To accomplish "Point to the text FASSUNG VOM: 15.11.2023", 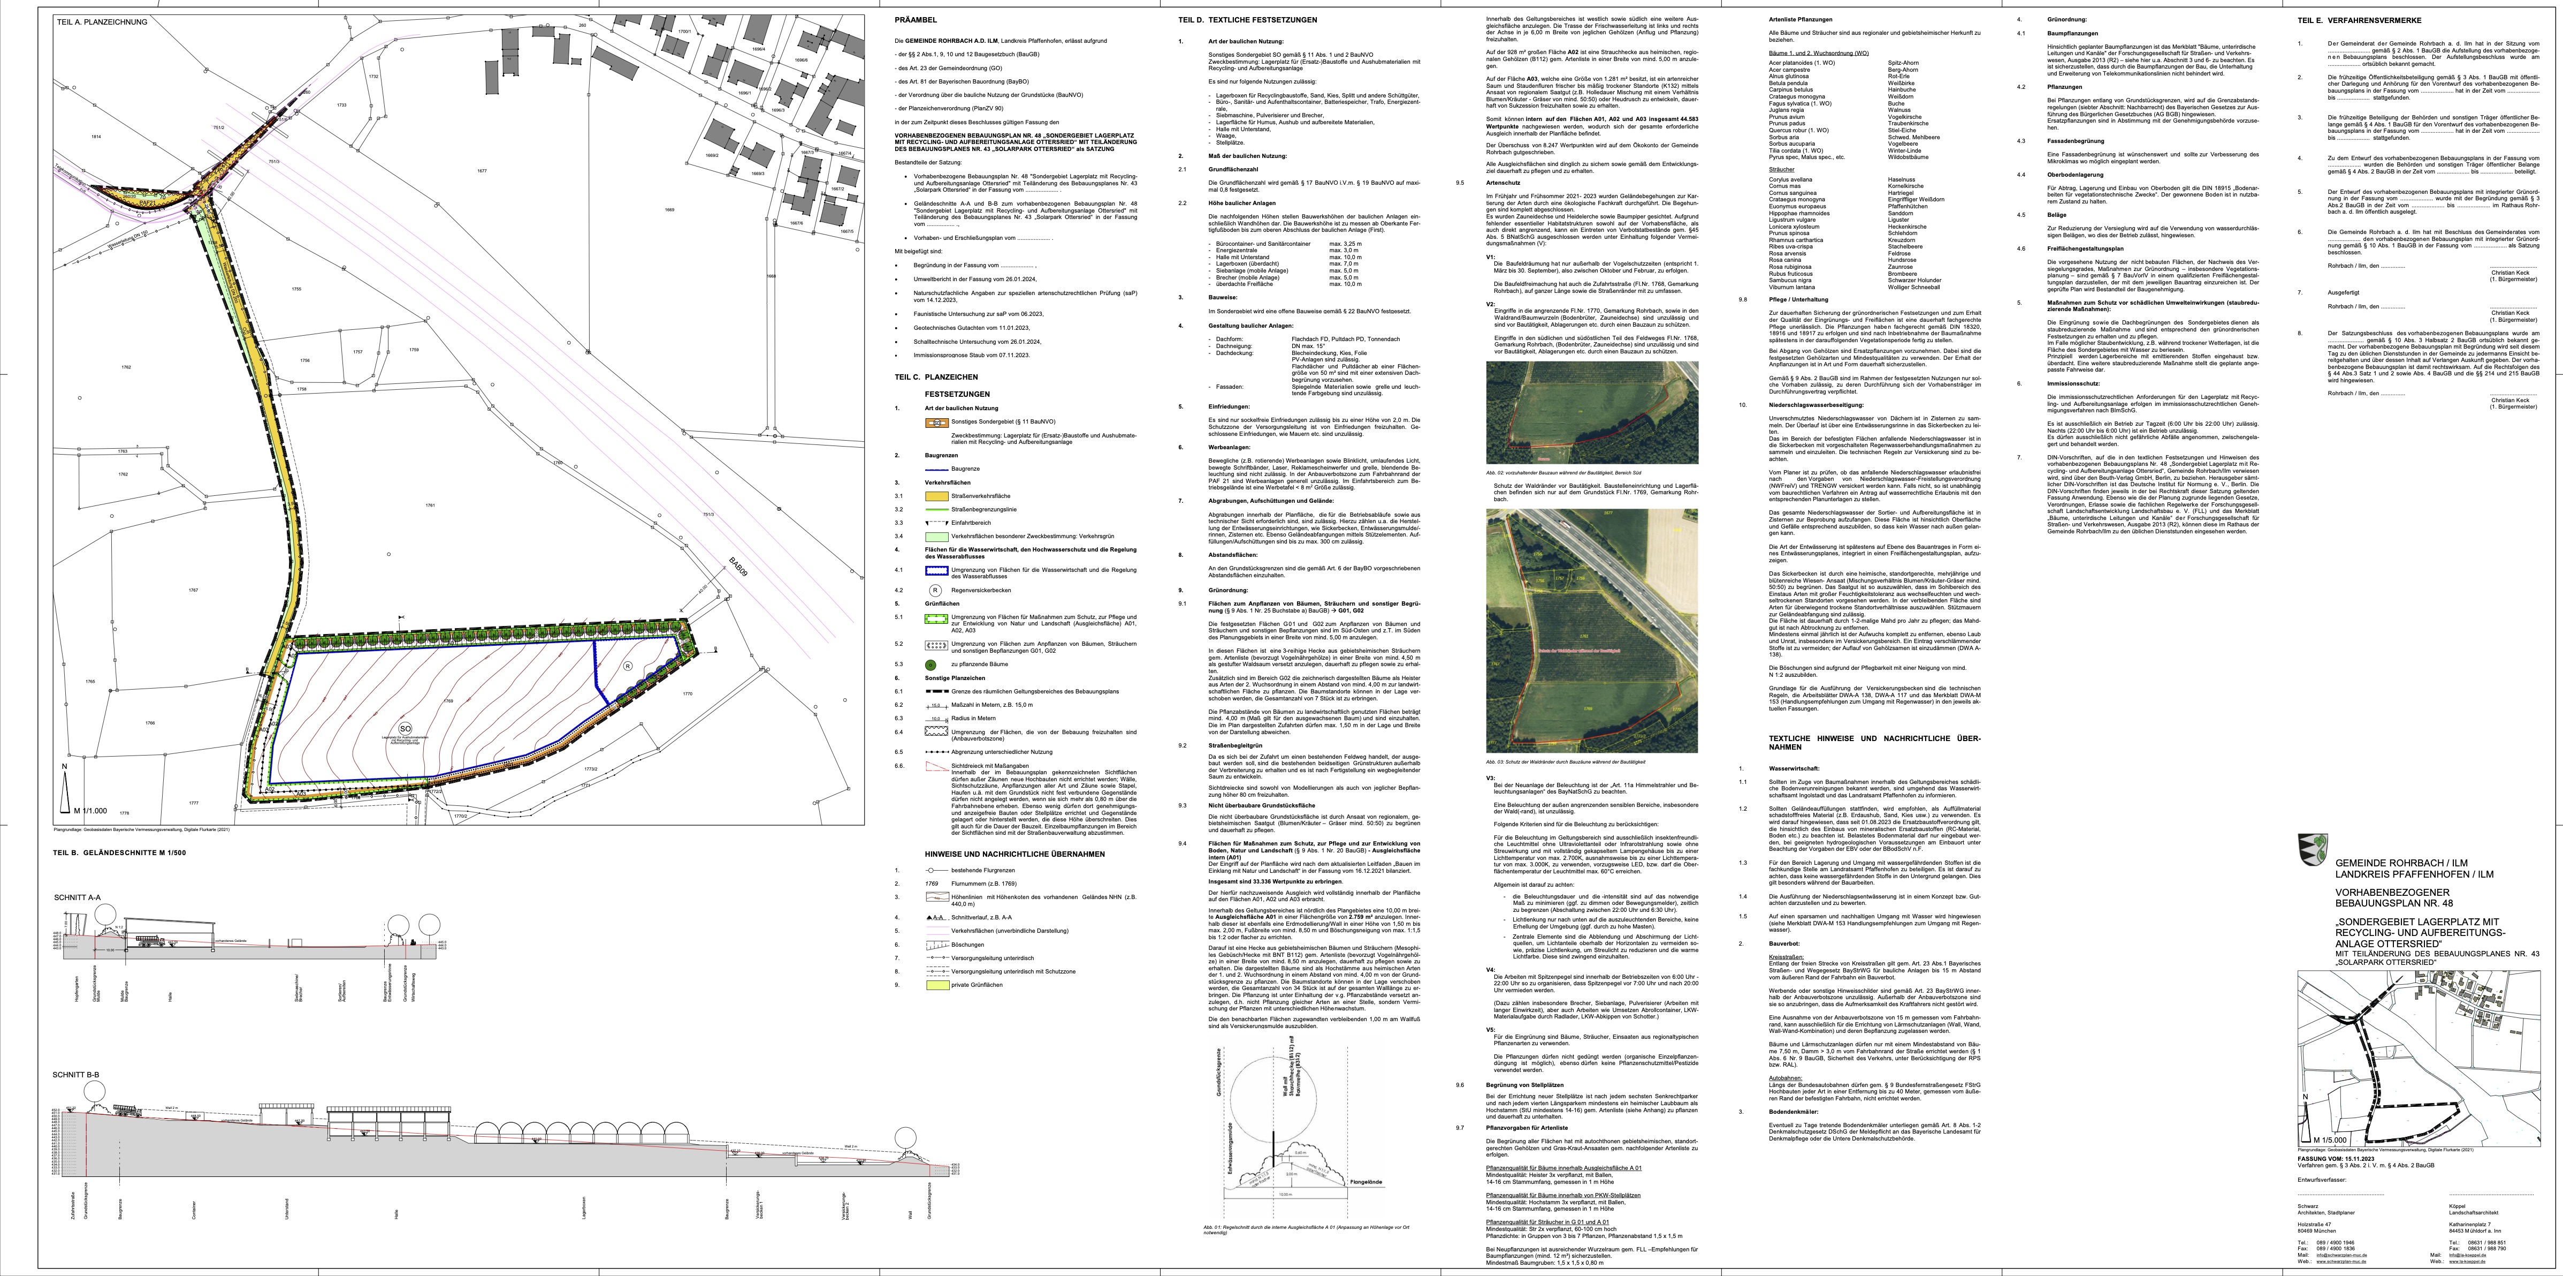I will [x=2333, y=1160].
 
